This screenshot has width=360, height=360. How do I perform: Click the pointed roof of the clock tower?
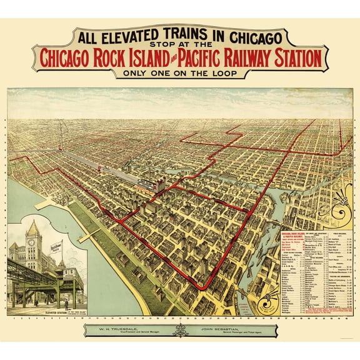click(x=32, y=224)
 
